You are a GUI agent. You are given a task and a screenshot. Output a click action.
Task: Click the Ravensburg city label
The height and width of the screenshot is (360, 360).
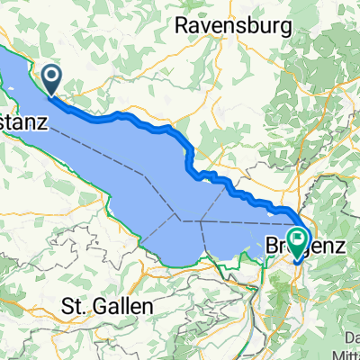pos(234,25)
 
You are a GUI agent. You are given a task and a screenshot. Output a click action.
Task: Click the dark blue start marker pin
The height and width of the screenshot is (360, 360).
pos(51,78)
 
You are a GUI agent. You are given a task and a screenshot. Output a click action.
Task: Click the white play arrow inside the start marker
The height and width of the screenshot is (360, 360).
pos(51,76)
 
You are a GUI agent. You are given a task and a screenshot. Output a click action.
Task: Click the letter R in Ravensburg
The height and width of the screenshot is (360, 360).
pos(181,25)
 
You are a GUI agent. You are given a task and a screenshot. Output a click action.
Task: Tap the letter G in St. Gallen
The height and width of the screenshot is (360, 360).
pos(94,306)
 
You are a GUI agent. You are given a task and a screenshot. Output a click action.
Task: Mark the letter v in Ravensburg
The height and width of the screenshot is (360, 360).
pos(206,25)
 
